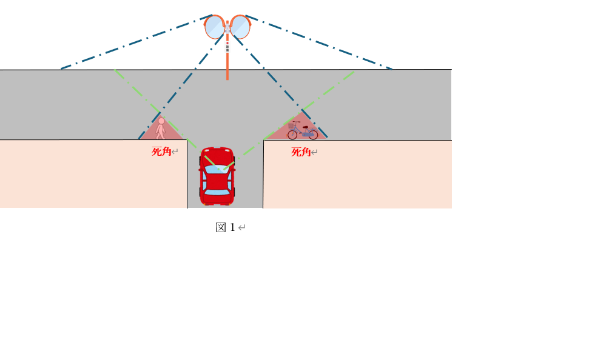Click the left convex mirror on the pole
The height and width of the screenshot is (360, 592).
click(215, 27)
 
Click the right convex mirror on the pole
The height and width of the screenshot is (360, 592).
click(240, 27)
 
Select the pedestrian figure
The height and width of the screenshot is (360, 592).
click(161, 128)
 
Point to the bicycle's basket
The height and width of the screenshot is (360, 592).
click(292, 125)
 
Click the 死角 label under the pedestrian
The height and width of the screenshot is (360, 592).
click(161, 152)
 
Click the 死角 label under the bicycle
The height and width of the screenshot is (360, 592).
click(301, 152)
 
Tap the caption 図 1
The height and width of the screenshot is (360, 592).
click(226, 227)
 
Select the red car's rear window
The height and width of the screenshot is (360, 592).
click(217, 192)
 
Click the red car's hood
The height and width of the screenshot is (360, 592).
click(217, 156)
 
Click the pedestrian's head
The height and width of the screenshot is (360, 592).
click(161, 121)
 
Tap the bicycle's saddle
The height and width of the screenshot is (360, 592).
click(304, 127)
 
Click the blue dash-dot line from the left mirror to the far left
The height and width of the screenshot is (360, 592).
click(136, 42)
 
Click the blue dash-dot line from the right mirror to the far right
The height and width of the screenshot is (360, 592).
click(319, 42)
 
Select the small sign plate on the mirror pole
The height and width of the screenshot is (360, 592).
click(227, 47)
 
